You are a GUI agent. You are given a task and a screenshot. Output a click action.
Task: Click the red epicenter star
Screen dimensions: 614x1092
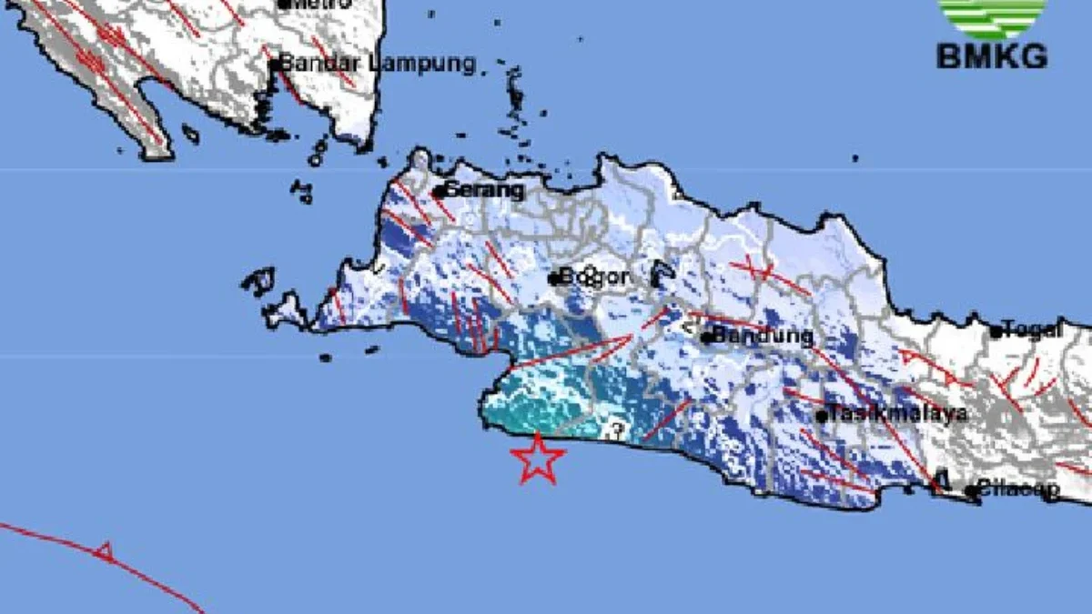pyautogui.click(x=538, y=458)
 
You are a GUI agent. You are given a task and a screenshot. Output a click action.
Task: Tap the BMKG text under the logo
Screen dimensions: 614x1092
pyautogui.click(x=992, y=56)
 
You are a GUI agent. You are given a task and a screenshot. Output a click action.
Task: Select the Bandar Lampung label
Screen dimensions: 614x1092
pyautogui.click(x=377, y=64)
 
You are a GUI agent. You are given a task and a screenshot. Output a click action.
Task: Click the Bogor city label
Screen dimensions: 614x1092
pyautogui.click(x=593, y=277)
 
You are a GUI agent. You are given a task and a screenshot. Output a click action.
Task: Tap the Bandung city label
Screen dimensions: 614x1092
pyautogui.click(x=763, y=336)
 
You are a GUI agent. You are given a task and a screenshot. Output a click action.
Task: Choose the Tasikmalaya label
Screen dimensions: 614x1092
pyautogui.click(x=896, y=415)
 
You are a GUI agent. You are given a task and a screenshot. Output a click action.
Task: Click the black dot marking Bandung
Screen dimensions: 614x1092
pyautogui.click(x=707, y=337)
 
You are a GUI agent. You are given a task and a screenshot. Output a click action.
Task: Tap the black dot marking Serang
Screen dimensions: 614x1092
pyautogui.click(x=438, y=192)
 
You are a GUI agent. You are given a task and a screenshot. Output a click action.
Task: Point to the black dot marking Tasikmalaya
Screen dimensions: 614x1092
pyautogui.click(x=821, y=417)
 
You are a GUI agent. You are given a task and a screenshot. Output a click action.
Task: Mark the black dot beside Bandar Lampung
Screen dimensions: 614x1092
pyautogui.click(x=274, y=65)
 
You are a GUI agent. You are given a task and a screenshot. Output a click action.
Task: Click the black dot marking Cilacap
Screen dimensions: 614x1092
pyautogui.click(x=972, y=491)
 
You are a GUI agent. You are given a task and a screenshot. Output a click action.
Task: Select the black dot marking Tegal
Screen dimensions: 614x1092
pyautogui.click(x=996, y=332)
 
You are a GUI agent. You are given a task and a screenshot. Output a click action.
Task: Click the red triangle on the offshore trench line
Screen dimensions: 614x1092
pyautogui.click(x=106, y=549)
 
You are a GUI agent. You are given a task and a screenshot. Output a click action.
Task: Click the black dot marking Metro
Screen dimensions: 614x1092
pyautogui.click(x=283, y=4)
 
